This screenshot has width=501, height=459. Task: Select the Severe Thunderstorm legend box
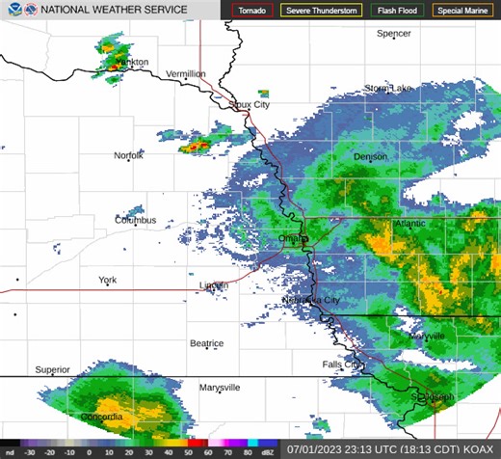pyautogui.click(x=321, y=11)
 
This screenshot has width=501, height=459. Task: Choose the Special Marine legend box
pyautogui.click(x=461, y=11)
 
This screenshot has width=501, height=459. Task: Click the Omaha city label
pyautogui.click(x=292, y=238)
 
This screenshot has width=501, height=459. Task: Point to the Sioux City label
pyautogui.click(x=249, y=104)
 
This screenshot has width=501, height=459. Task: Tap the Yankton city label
pyautogui.click(x=131, y=62)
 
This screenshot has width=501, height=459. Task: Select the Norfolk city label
pyautogui.click(x=128, y=155)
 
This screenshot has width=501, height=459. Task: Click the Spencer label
pyautogui.click(x=393, y=34)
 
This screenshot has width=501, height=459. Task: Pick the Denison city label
pyautogui.click(x=370, y=156)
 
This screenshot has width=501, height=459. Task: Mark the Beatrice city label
pyautogui.click(x=206, y=343)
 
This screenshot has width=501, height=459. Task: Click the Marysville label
pyautogui.click(x=220, y=387)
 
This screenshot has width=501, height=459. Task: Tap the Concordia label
pyautogui.click(x=101, y=417)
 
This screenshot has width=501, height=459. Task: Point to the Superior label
pyautogui.click(x=53, y=369)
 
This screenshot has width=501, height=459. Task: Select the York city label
pyautogui.click(x=107, y=281)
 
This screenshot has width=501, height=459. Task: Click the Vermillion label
pyautogui.click(x=186, y=73)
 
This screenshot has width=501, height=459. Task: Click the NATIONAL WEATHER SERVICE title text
pyautogui.click(x=106, y=11)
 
